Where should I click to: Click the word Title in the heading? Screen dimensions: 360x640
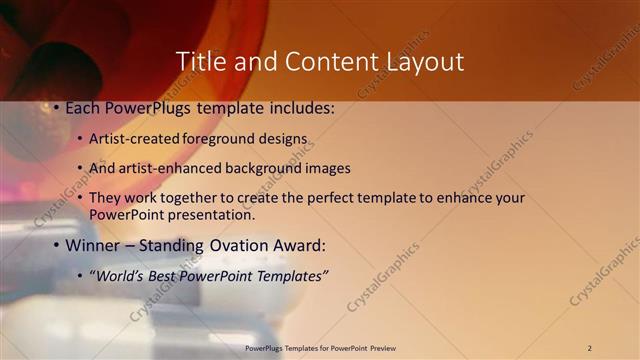point(201,61)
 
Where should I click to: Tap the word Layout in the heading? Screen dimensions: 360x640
point(425,61)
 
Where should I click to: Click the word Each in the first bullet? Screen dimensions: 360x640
point(82,106)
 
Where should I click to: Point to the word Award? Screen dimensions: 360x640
point(299,245)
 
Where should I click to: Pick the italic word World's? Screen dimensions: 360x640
point(122,276)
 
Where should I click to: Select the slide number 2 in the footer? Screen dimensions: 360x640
point(589,348)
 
